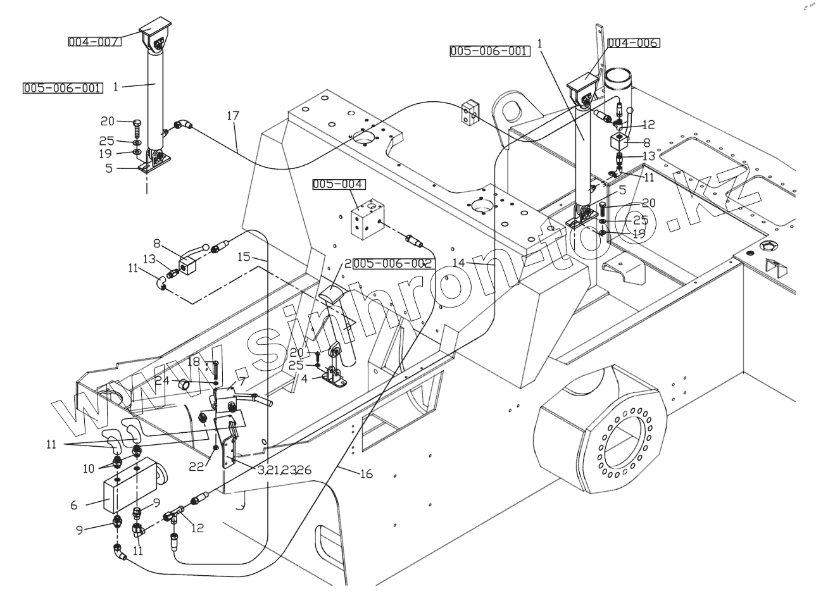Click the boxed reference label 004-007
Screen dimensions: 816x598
(95, 42)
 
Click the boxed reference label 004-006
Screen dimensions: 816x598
(634, 43)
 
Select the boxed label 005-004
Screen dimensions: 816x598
(339, 184)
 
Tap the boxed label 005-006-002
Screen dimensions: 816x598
(393, 263)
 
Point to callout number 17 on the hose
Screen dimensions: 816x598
(233, 116)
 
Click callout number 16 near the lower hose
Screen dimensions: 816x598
(366, 474)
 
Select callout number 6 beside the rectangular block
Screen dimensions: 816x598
(74, 505)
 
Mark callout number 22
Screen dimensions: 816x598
(196, 466)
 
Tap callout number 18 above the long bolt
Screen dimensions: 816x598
(194, 361)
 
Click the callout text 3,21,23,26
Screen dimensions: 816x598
(284, 470)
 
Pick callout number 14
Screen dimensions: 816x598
(459, 262)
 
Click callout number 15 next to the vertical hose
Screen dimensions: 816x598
(244, 257)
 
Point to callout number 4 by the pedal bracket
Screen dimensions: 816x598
(304, 379)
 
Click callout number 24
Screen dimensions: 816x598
(162, 380)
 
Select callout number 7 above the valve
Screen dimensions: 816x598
(242, 382)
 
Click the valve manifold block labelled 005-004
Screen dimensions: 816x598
(368, 219)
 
